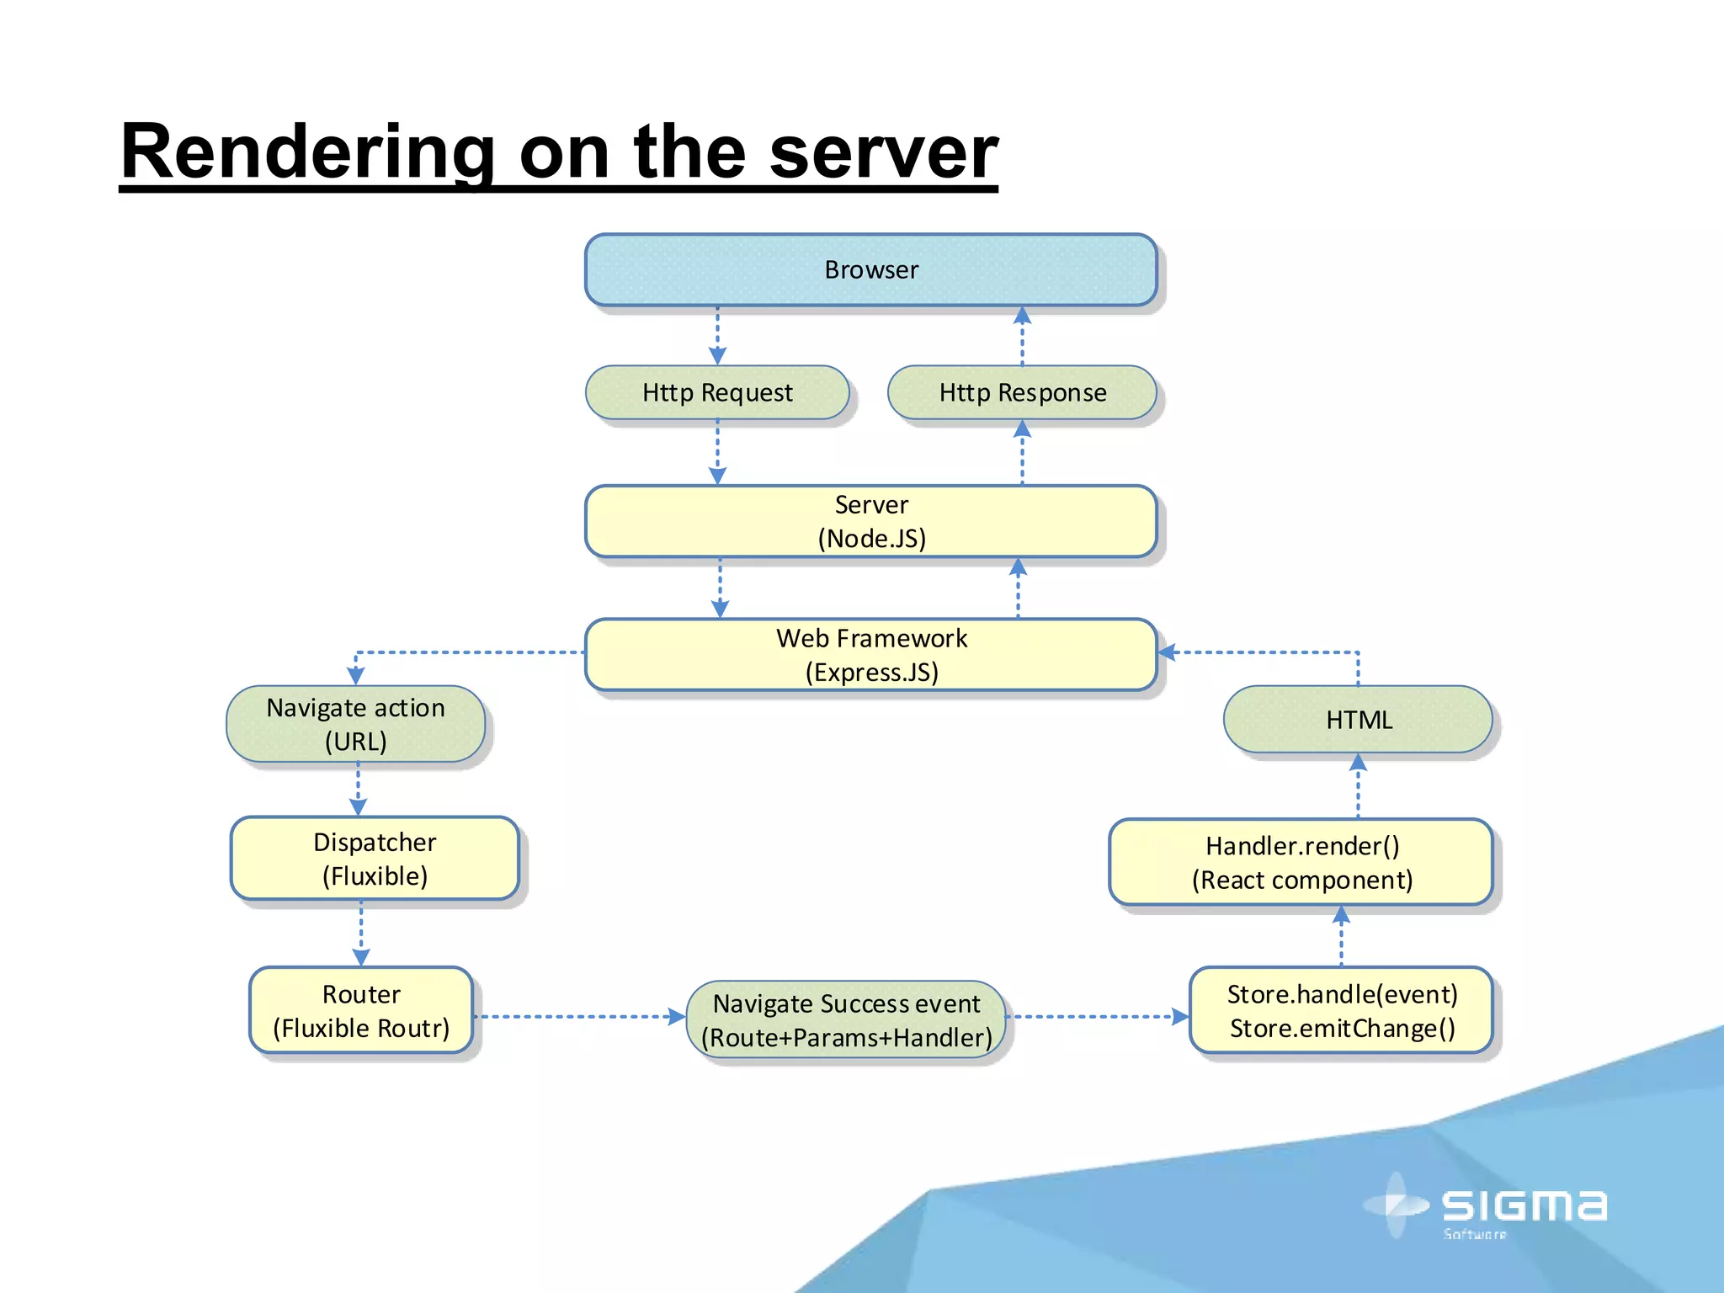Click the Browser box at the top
click(x=871, y=269)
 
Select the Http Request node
click(x=717, y=392)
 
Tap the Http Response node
click(x=1022, y=392)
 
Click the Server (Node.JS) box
click(x=871, y=521)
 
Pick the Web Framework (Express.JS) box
click(x=871, y=655)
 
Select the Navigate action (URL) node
click(x=355, y=724)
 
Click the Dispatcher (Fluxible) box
click(x=375, y=858)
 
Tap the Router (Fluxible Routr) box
click(x=361, y=1010)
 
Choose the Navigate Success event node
click(x=846, y=1019)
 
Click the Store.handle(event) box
click(x=1342, y=1010)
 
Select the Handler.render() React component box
click(x=1301, y=862)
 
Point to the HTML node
click(x=1358, y=720)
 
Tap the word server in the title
click(x=883, y=152)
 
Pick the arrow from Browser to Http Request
click(x=717, y=335)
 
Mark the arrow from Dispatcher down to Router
click(x=361, y=933)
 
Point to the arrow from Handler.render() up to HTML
click(x=1358, y=786)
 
